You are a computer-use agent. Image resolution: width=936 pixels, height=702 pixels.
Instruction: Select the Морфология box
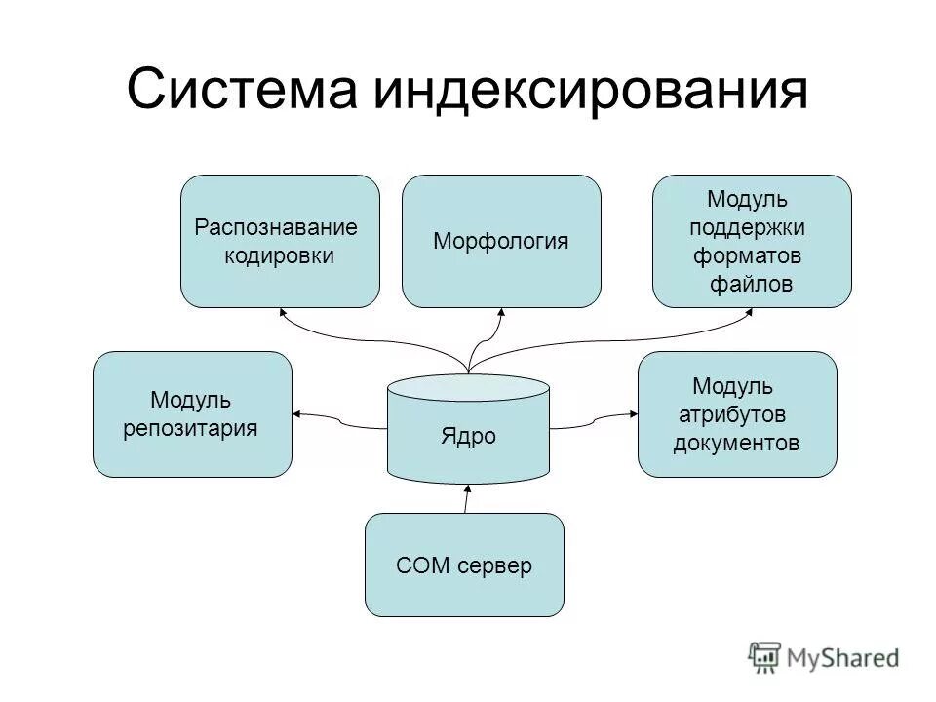501,241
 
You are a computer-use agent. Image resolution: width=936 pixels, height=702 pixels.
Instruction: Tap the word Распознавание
276,228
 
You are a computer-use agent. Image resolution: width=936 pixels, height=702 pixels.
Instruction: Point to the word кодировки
279,256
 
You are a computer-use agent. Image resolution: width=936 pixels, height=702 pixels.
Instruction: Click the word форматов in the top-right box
747,255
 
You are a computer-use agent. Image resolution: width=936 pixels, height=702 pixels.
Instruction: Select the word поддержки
747,227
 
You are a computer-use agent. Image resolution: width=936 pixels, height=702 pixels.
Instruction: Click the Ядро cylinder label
468,436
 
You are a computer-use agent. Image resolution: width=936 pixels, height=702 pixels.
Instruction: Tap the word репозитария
191,427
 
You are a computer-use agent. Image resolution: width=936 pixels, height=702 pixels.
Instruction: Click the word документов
736,443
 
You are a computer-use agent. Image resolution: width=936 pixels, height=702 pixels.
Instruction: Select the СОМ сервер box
464,565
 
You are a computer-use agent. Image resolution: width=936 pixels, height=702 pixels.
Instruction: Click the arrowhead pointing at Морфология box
501,314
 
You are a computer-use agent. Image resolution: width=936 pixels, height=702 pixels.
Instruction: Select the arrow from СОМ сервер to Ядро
466,498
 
